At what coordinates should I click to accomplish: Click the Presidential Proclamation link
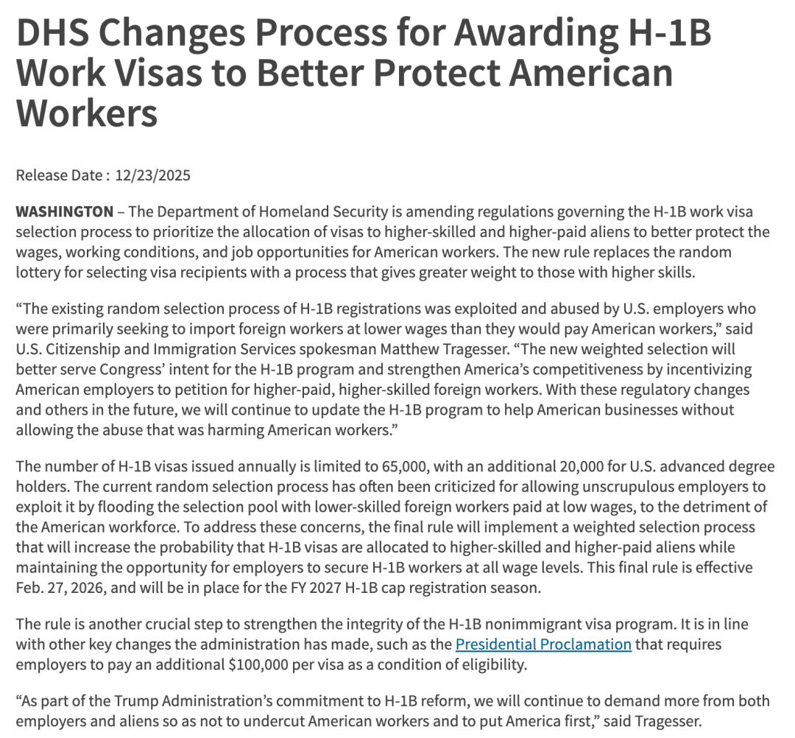point(543,644)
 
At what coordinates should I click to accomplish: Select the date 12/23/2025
point(152,175)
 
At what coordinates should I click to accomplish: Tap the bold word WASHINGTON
point(65,212)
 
